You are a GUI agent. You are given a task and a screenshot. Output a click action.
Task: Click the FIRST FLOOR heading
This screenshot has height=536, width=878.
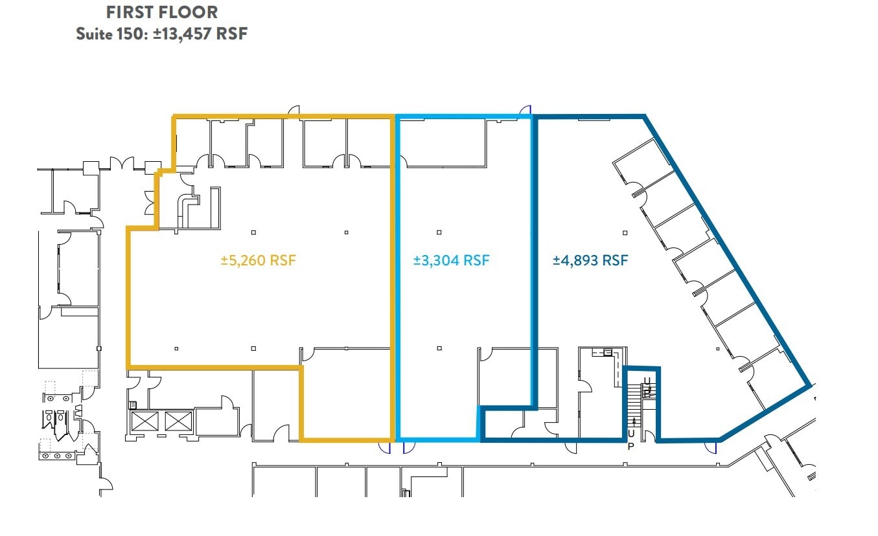pos(162,12)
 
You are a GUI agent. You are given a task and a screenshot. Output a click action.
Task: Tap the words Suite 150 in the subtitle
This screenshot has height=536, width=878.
pos(110,34)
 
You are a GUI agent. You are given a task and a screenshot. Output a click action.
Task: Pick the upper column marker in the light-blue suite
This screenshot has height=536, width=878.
pos(439,232)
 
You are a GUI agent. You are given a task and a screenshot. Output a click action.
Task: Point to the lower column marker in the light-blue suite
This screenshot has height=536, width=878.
pos(439,348)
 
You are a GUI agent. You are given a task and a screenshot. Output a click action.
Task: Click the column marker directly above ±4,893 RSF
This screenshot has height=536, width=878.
pos(625,232)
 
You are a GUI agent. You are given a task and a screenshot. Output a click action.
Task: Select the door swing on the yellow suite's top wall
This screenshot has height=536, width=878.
pos(293,111)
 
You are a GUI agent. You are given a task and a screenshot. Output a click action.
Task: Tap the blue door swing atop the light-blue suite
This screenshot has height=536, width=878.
pos(526,111)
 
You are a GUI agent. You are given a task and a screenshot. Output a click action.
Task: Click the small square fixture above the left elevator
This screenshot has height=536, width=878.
pos(134,405)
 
